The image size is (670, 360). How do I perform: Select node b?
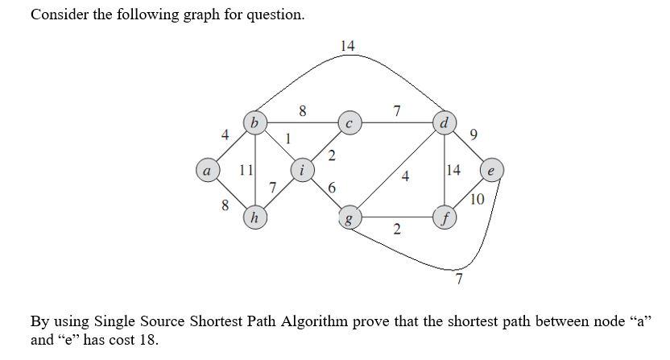(255, 123)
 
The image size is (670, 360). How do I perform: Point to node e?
(491, 171)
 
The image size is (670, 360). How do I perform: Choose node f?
(444, 218)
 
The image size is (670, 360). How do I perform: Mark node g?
(349, 218)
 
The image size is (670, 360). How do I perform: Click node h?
(255, 218)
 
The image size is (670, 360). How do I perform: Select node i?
(302, 171)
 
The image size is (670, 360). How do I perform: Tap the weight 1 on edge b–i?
(287, 138)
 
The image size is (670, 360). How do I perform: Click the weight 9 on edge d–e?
(474, 136)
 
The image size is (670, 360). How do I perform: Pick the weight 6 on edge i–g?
(332, 188)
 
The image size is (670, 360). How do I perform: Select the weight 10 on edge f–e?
(477, 200)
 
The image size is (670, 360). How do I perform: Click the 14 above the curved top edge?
(348, 46)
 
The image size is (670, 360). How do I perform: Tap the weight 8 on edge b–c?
(302, 112)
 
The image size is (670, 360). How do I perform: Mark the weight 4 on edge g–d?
(405, 177)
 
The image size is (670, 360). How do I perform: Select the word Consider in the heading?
(58, 14)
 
